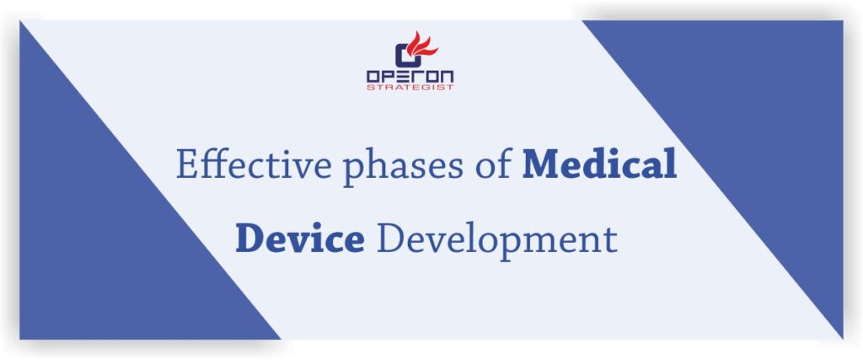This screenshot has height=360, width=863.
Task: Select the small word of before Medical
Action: [x=489, y=165]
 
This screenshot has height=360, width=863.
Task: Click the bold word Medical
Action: [x=599, y=164]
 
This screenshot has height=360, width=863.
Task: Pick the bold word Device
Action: [x=299, y=239]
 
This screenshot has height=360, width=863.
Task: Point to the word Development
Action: [x=496, y=240]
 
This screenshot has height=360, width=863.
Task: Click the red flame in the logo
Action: [x=419, y=44]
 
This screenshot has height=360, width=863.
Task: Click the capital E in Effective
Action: [x=186, y=164]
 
